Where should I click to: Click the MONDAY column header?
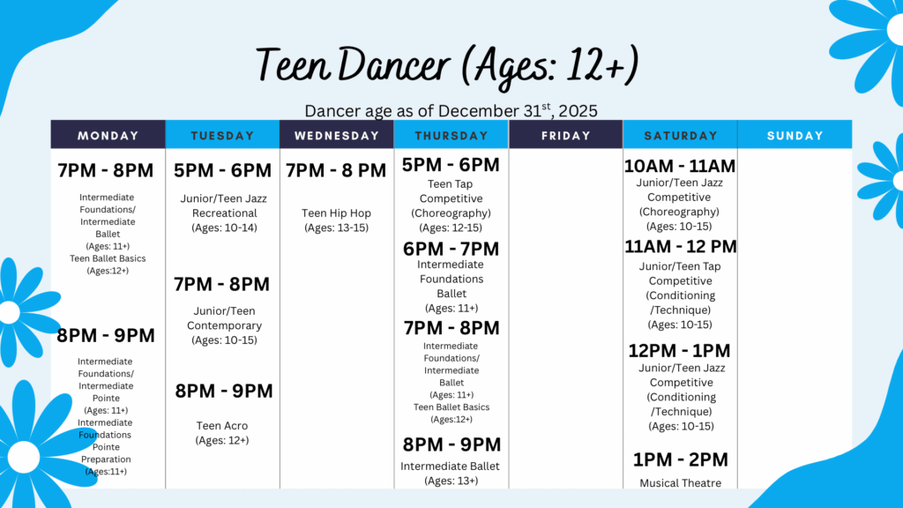click(108, 135)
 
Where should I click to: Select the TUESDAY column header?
click(222, 135)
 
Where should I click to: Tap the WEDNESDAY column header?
click(337, 135)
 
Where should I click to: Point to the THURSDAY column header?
click(451, 135)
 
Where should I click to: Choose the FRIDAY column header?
click(565, 135)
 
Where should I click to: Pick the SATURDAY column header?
click(680, 135)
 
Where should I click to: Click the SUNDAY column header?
click(795, 135)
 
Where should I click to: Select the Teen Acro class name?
click(221, 426)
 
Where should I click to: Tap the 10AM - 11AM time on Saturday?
click(680, 166)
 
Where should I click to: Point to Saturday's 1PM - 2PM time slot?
click(680, 459)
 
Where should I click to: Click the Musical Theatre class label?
click(680, 482)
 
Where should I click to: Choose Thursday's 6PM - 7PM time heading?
click(451, 249)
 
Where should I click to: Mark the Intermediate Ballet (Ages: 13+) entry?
click(451, 473)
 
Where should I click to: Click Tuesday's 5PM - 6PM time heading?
click(222, 170)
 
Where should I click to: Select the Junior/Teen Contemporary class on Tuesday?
click(224, 325)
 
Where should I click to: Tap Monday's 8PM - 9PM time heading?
click(106, 335)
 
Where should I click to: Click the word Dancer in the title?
click(393, 64)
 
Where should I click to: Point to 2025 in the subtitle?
click(578, 110)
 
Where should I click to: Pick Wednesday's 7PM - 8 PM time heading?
click(336, 170)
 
